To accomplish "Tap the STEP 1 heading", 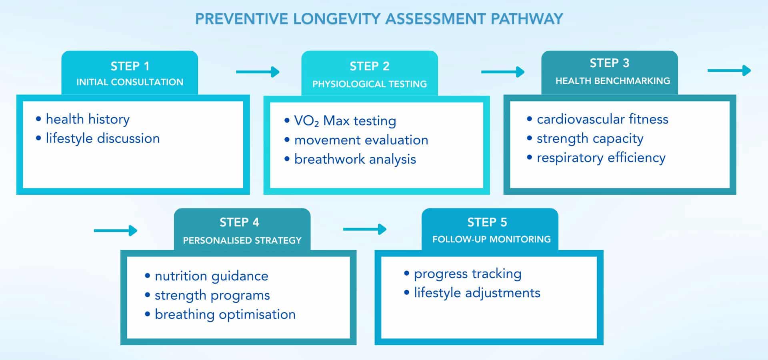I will [x=130, y=66].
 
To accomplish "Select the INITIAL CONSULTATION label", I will [x=130, y=82].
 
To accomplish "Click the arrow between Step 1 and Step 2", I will [x=258, y=72].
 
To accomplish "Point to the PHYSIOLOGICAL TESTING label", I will [x=369, y=84].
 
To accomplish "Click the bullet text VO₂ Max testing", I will [x=345, y=121].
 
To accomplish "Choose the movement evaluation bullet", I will [x=361, y=140].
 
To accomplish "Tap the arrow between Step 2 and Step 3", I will [x=502, y=72].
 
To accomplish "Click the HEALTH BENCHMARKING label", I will [x=612, y=81].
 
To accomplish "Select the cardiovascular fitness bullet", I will [x=602, y=119].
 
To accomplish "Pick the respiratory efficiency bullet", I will [x=600, y=158].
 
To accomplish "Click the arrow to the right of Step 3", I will [x=729, y=71].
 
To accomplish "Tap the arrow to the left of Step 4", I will [x=116, y=230].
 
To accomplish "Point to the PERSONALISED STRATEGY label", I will [x=242, y=240].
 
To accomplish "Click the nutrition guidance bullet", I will [x=211, y=276].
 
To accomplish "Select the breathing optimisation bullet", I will [x=225, y=314].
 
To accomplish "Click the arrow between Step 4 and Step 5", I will [x=364, y=229].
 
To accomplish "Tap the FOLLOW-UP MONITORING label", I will [x=491, y=239].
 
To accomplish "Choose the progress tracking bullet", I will [x=467, y=274].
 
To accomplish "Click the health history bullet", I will [x=87, y=119].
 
